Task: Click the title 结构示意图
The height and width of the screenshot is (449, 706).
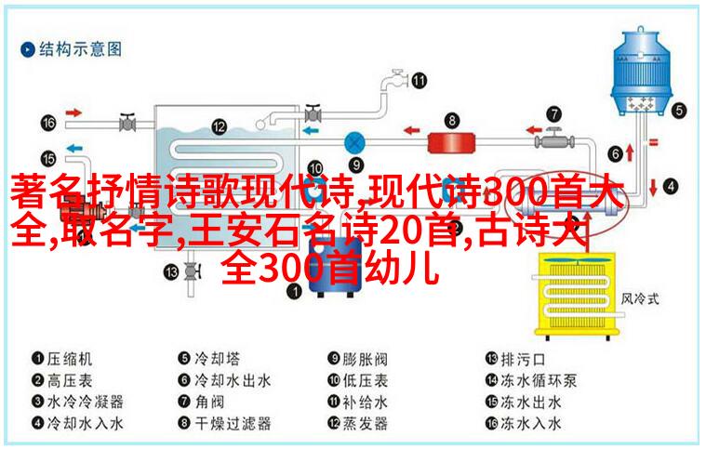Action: point(80,49)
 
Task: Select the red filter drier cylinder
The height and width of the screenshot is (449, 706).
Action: point(451,143)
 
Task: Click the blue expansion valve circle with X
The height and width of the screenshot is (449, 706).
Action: point(354,143)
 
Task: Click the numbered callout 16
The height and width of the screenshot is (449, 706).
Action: point(48,123)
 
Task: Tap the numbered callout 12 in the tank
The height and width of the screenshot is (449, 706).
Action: point(219,126)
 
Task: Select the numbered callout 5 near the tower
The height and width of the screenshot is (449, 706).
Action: point(679,111)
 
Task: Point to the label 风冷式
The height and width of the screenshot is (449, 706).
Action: point(640,298)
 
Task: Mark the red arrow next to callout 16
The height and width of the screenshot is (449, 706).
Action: point(73,112)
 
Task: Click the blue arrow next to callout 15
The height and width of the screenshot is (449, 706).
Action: point(74,148)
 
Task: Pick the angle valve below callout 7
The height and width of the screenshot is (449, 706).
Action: point(554,140)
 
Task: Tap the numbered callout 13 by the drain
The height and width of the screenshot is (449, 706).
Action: point(171,271)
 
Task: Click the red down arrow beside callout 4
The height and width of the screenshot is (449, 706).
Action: point(653,187)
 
